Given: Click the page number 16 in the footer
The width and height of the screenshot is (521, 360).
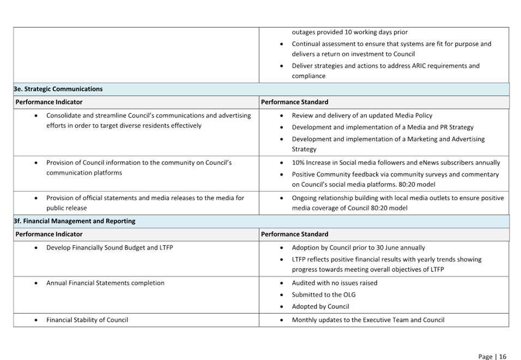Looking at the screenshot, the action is click(502, 356).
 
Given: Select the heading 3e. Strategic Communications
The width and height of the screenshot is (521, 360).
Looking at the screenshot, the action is click(58, 89).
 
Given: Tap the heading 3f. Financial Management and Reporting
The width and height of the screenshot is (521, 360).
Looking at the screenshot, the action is click(75, 221).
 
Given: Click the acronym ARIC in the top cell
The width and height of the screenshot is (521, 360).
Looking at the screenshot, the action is click(419, 66).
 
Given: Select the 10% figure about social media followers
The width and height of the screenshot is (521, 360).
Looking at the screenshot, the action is click(298, 163).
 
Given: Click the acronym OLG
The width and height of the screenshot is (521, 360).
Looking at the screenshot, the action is click(349, 295).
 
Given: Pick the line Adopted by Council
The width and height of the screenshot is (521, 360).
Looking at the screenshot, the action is click(320, 307).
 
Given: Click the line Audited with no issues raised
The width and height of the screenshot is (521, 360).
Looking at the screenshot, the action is click(335, 283).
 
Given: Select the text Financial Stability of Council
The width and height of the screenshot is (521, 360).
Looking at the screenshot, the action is click(87, 320).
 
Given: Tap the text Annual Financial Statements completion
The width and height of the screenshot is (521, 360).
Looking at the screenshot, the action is click(105, 283).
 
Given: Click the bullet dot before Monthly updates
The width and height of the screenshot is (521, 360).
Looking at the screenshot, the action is click(282, 320).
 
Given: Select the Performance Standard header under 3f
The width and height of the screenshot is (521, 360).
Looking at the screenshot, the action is click(294, 234).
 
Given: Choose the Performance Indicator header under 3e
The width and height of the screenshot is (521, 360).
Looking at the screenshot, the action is click(49, 102).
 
